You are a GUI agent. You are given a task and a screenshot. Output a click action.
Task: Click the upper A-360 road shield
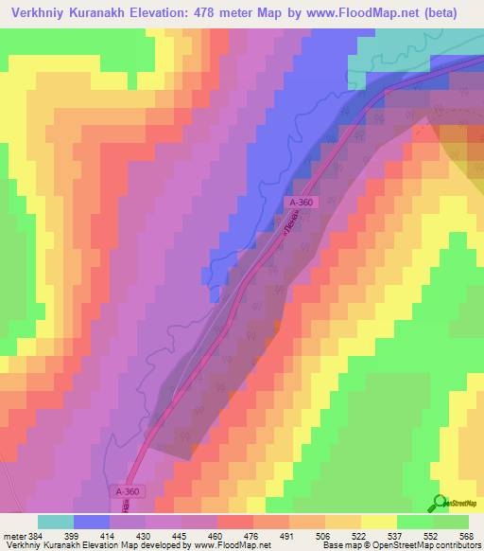(300, 202)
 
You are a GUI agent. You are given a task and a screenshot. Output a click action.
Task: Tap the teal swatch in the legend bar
(56, 522)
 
